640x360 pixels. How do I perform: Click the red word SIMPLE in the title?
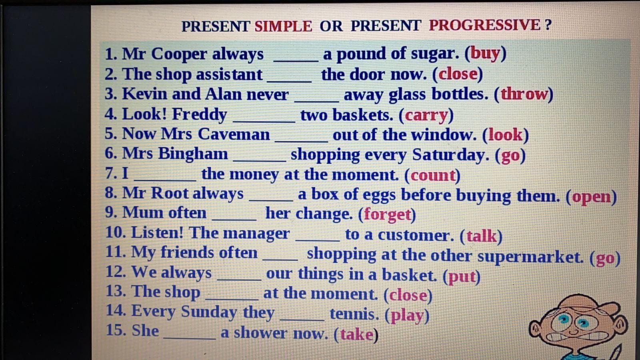coord(283,26)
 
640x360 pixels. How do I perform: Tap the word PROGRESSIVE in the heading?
coord(484,25)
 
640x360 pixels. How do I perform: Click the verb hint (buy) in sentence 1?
coord(486,54)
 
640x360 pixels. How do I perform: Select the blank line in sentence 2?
coord(289,82)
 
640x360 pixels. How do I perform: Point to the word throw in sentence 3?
coord(524,94)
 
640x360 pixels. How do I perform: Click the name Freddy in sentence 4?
coord(200,114)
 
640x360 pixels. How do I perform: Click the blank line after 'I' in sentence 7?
coord(165,180)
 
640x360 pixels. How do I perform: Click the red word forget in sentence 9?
coord(387,214)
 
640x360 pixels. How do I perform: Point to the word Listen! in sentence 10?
coord(157,232)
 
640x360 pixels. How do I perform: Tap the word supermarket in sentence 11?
coord(530,256)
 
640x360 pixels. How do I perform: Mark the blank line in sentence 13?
coord(232,299)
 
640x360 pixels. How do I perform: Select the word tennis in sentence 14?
coord(354,314)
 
